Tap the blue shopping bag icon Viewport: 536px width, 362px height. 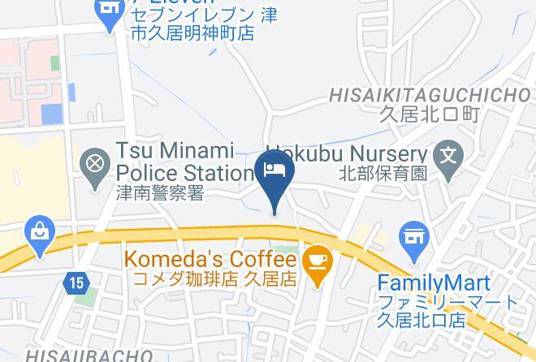38,230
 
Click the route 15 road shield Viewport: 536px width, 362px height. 76,282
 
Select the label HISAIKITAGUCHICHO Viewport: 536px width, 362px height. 429,95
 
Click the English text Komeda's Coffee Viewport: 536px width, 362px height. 210,261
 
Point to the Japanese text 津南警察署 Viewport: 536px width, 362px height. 159,193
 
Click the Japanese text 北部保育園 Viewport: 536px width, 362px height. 371,174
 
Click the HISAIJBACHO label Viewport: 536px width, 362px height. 89,356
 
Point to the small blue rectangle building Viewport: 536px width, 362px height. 51,114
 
